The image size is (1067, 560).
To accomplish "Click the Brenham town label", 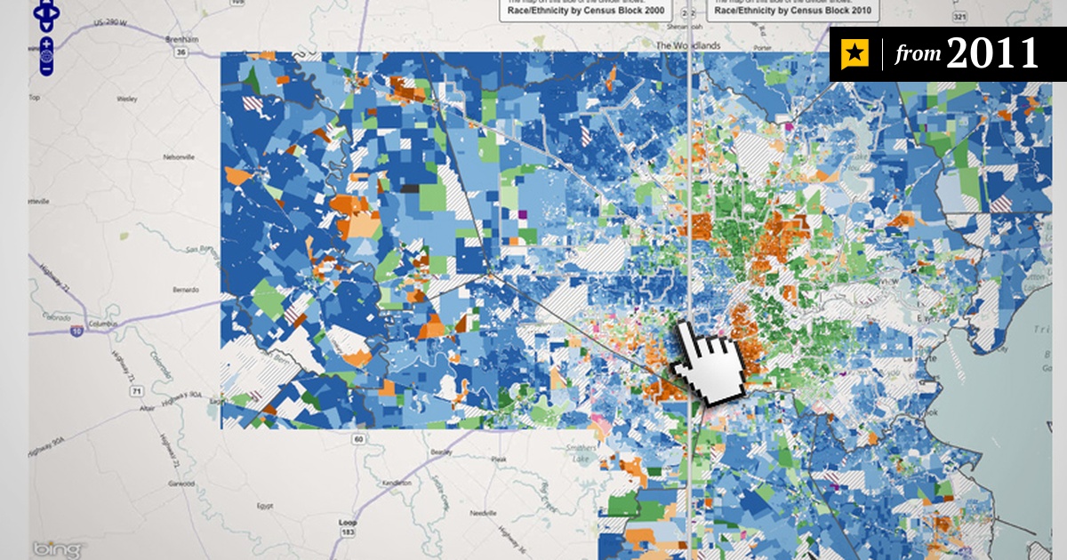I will (181, 40).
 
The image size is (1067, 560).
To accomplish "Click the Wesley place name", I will (126, 100).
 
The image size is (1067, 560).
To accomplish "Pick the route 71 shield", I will (134, 390).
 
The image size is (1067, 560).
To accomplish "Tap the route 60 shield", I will (357, 438).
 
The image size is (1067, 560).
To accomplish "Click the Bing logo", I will (59, 548).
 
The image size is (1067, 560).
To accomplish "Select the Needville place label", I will (481, 514).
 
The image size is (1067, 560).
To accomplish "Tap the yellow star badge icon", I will (854, 55).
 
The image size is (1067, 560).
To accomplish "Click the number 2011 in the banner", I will (991, 54).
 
